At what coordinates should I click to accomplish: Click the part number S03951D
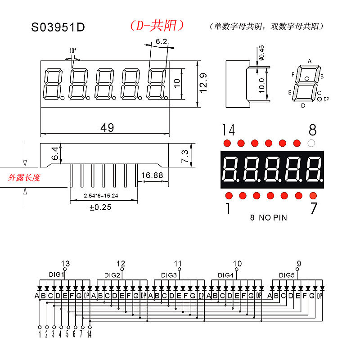58,27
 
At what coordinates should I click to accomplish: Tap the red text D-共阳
157,26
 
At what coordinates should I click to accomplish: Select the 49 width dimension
107,128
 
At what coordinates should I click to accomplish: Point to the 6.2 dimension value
161,42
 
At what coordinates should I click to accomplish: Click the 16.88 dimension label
152,175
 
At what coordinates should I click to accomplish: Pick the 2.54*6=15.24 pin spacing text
103,196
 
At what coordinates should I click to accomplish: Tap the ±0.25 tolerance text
100,207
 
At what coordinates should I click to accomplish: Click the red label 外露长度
24,178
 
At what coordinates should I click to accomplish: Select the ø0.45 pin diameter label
261,53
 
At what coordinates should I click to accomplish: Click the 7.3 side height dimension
185,156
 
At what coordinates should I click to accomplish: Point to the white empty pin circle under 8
310,143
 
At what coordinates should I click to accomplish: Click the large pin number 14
229,130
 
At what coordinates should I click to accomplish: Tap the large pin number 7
314,209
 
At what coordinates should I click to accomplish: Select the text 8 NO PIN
268,218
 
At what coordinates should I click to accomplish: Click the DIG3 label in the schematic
169,275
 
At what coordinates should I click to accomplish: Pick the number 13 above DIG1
65,264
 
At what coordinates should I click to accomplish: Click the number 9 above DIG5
299,264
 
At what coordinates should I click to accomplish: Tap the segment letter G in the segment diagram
307,79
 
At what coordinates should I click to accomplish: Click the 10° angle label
73,50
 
